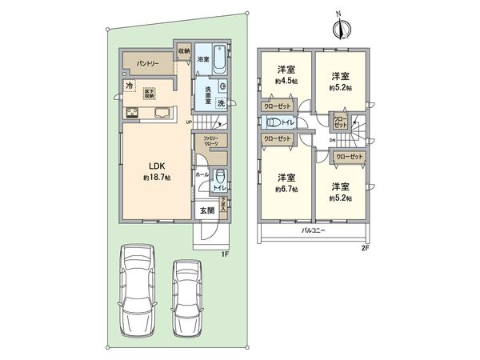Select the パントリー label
click(x=145, y=62)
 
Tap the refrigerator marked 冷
click(x=128, y=84)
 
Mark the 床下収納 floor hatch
click(x=150, y=93)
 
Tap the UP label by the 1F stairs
click(x=189, y=122)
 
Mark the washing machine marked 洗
click(x=220, y=104)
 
